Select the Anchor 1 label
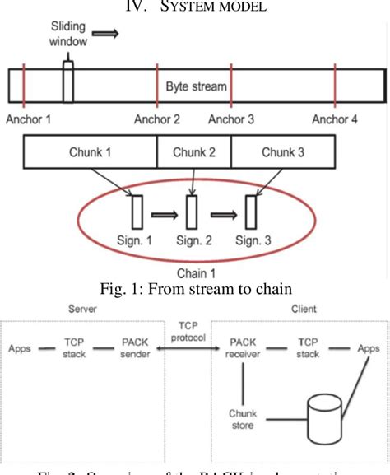[28, 119]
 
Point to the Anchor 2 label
[157, 119]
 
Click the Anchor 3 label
[231, 119]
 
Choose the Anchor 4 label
[335, 119]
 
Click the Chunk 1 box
[90, 151]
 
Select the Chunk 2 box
[193, 151]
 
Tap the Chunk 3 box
[282, 151]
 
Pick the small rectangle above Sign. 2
[191, 212]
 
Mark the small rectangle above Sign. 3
[250, 212]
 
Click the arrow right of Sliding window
[104, 35]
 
